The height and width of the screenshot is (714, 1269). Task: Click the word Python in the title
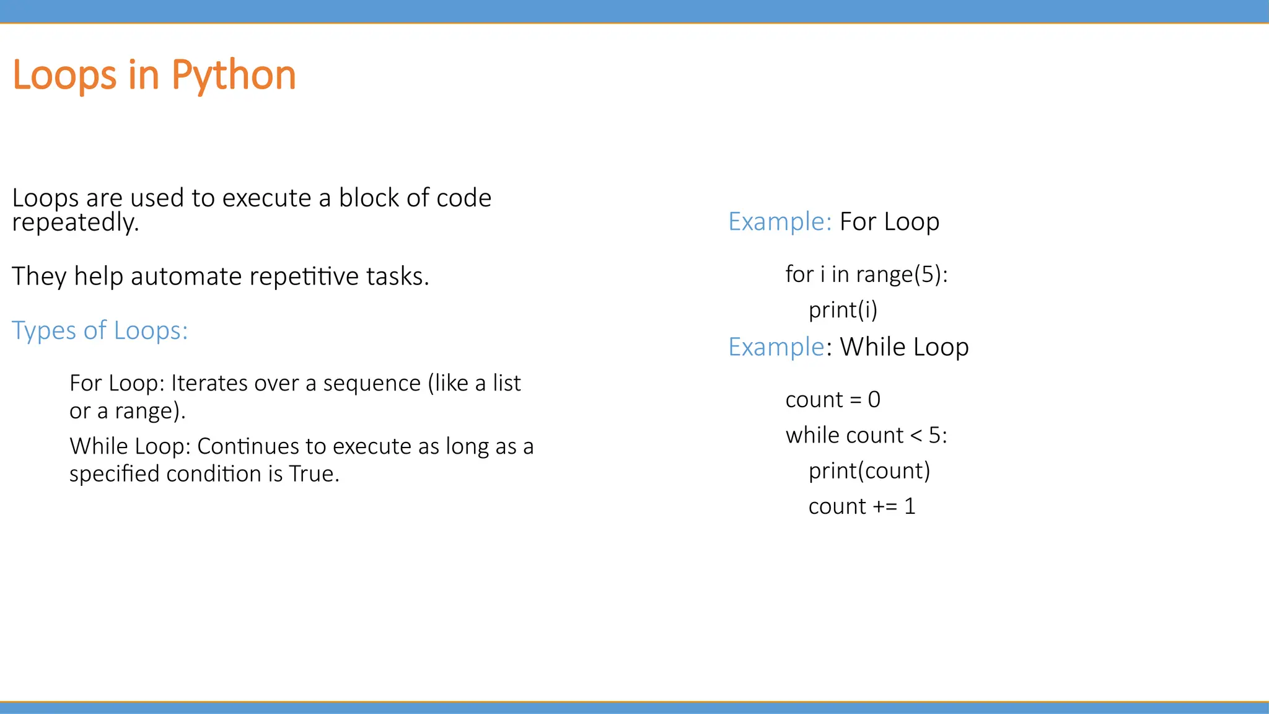tap(234, 76)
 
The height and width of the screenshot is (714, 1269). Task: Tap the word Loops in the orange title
tap(64, 76)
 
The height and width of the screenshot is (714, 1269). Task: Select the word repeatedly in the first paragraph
tap(75, 223)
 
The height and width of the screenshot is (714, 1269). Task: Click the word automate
tap(186, 276)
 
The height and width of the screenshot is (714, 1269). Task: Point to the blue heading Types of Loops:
tap(100, 330)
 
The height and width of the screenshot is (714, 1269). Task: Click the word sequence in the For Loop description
tap(372, 383)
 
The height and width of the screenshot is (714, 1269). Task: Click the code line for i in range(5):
tap(866, 274)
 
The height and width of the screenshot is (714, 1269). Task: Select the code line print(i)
tap(843, 310)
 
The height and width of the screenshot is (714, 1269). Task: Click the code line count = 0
tap(833, 400)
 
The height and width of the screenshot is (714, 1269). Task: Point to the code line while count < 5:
tap(866, 436)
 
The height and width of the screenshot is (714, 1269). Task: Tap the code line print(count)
tap(869, 471)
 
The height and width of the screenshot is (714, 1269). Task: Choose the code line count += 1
tap(862, 507)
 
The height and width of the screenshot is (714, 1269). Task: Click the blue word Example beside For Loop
tap(779, 222)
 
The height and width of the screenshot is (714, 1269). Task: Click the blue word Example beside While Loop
tap(776, 347)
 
